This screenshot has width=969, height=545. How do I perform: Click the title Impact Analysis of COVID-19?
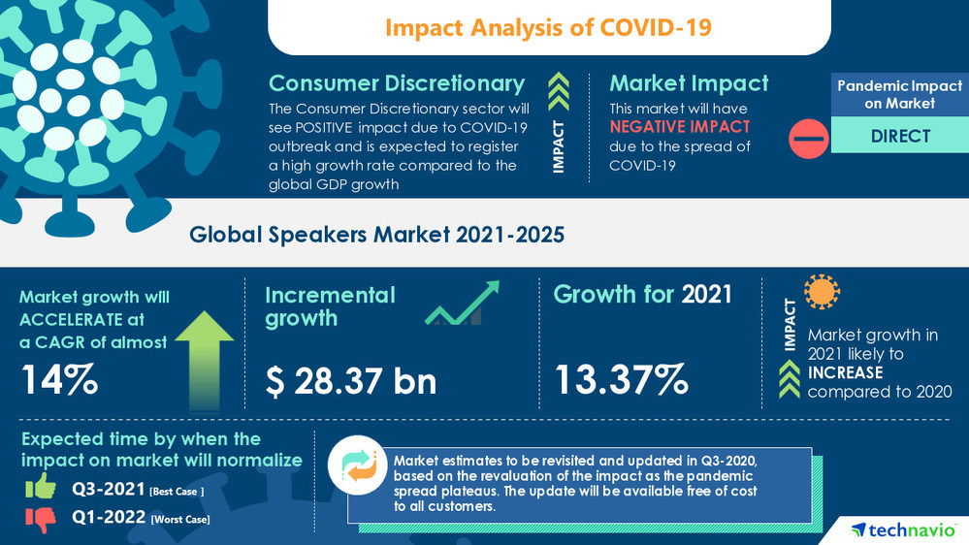[548, 27]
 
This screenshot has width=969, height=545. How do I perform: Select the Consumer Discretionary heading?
[397, 83]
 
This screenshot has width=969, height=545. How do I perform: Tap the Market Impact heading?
[689, 83]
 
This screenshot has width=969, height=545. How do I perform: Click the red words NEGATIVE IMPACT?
[679, 127]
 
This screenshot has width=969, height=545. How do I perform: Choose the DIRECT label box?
[900, 137]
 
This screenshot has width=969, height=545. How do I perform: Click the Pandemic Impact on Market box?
[900, 94]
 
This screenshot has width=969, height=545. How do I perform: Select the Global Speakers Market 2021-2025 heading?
[376, 234]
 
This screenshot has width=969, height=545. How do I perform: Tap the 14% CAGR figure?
[59, 379]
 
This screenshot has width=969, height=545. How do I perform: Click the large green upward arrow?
[205, 354]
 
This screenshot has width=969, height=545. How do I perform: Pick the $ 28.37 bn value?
[351, 381]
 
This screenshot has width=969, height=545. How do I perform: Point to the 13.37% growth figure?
[621, 379]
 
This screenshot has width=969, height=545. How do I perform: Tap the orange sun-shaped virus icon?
[823, 292]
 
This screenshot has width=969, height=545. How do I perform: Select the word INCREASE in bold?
[846, 372]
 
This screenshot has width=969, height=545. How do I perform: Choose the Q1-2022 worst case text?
[141, 519]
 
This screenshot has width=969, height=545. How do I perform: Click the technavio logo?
[906, 529]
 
